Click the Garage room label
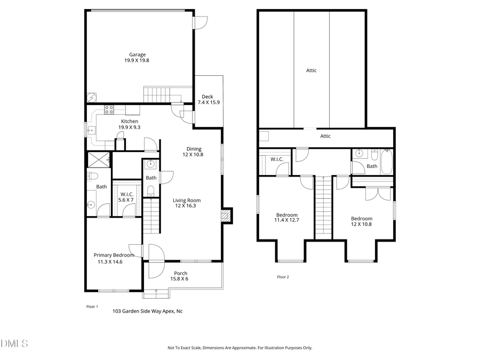[x=137, y=57]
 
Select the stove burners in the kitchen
[x=109, y=110]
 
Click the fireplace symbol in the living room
[x=226, y=215]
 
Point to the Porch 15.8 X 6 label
[x=180, y=276]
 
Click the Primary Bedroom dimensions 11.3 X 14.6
[x=110, y=262]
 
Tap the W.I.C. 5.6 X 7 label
[x=126, y=197]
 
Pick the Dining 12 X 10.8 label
[x=194, y=151]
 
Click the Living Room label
[x=186, y=201]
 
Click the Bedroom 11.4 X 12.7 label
[x=286, y=217]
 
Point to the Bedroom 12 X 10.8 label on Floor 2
[x=362, y=221]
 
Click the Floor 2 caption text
[x=283, y=277]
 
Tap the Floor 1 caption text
[x=92, y=307]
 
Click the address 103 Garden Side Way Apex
[x=147, y=311]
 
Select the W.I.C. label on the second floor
[x=276, y=159]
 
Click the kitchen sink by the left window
[x=91, y=129]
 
